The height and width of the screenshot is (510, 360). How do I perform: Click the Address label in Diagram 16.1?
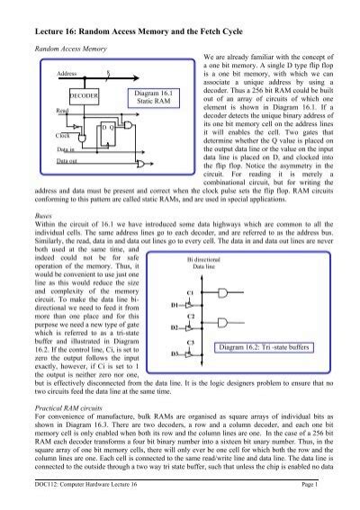pyautogui.click(x=68, y=71)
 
